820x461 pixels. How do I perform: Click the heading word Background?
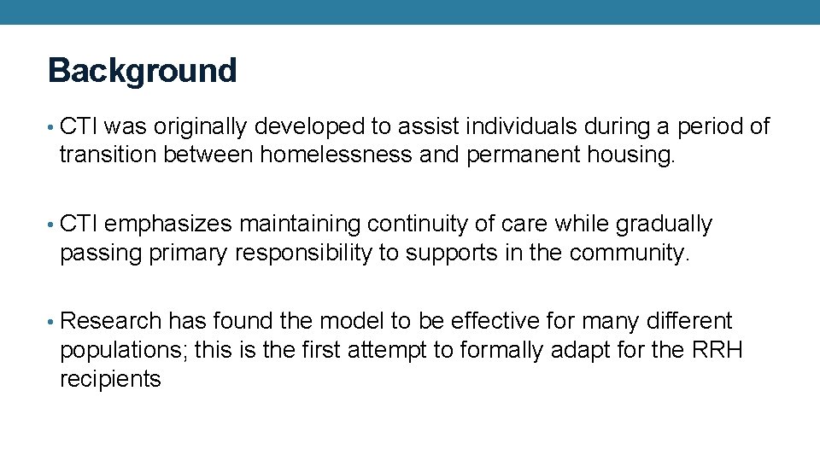coord(142,70)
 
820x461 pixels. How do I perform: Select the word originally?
coord(199,127)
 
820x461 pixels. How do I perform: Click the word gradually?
coord(664,225)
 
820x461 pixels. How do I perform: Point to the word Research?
coord(111,321)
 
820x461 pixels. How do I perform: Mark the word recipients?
coord(110,378)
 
